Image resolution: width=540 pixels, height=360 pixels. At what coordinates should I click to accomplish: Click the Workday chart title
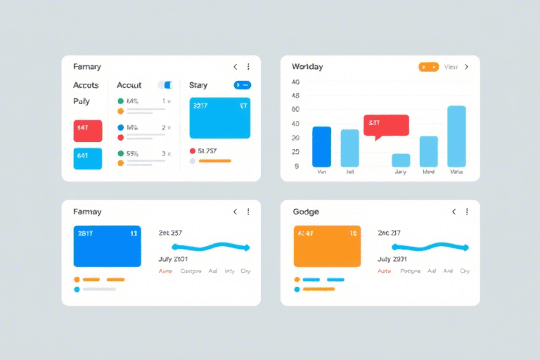point(307,67)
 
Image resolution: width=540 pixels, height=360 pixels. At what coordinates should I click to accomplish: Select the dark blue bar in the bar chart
point(321,146)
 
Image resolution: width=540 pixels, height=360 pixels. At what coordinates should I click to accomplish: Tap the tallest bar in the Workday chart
point(456,136)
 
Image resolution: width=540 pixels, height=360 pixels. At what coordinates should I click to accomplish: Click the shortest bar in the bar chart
point(401,160)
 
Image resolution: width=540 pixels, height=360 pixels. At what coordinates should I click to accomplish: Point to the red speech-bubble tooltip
point(386,124)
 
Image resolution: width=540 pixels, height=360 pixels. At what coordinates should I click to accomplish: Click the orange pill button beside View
point(428,67)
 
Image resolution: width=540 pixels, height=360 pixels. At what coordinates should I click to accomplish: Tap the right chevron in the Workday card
point(466,67)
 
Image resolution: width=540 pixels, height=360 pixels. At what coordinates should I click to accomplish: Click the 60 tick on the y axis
point(296,110)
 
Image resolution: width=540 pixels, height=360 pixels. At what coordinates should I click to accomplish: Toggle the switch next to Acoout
point(166,85)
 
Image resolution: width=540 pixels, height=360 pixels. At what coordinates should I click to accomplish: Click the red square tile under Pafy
point(88,131)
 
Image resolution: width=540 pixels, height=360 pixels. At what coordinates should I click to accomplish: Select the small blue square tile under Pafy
point(88,158)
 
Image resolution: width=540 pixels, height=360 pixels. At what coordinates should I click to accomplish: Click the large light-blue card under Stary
point(220,117)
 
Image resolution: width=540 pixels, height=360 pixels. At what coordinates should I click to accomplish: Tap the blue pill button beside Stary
point(242,85)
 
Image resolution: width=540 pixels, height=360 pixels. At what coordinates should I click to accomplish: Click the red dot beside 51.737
point(193,150)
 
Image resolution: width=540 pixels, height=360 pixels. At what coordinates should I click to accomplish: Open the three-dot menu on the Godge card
point(467,212)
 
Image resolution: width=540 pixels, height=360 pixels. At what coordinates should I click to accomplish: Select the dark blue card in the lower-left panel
point(107,246)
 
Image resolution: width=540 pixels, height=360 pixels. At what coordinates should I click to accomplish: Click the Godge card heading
point(306,212)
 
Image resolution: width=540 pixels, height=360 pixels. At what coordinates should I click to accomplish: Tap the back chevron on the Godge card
point(454,212)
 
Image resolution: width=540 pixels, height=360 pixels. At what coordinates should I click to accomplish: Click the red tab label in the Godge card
point(384,271)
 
